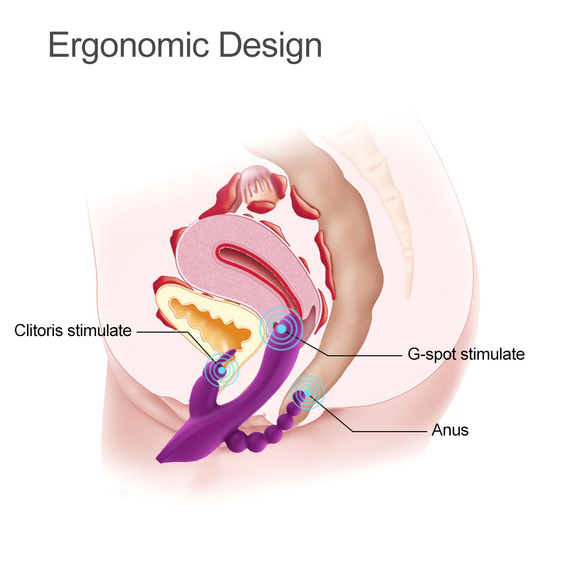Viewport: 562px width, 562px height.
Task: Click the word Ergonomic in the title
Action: click(x=129, y=46)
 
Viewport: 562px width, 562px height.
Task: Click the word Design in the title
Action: click(x=270, y=46)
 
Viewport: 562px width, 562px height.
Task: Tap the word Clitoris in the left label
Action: click(x=39, y=330)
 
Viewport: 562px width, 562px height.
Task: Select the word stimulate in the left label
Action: click(x=99, y=330)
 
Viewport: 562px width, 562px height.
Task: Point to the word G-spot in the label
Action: click(x=432, y=355)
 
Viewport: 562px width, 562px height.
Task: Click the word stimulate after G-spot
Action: click(x=492, y=354)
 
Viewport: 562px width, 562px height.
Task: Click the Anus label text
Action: click(x=450, y=430)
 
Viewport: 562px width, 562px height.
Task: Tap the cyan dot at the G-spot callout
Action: click(x=282, y=328)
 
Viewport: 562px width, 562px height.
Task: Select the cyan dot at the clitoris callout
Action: click(x=222, y=370)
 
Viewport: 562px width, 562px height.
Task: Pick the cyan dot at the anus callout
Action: click(x=307, y=393)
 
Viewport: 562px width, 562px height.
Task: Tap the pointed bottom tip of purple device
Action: click(x=158, y=460)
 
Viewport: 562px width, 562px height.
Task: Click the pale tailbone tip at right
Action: click(x=407, y=296)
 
